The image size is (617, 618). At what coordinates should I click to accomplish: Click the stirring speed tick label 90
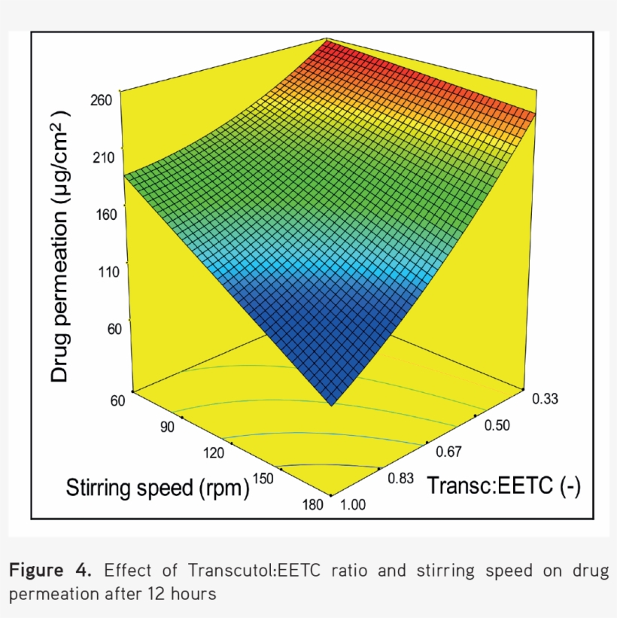[167, 427]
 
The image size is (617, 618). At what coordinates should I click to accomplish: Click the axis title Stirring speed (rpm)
[158, 488]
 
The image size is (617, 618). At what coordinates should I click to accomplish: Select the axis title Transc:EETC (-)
[503, 486]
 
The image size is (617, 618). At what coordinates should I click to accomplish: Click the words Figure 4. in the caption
[50, 571]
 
